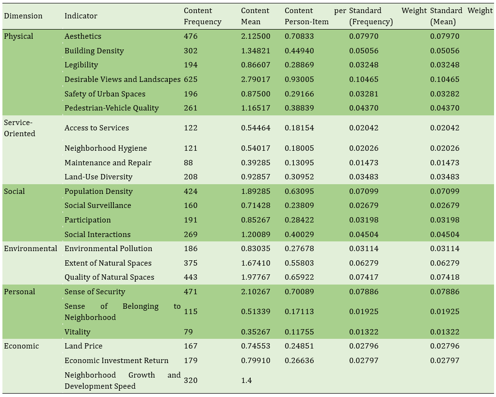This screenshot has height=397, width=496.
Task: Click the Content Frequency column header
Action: [x=203, y=16]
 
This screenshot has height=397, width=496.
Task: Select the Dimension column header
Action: [x=23, y=16]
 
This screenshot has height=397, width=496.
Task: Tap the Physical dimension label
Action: [x=18, y=36]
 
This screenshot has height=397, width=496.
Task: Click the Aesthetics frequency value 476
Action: [x=191, y=36]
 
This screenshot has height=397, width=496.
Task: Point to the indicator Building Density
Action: [x=94, y=50]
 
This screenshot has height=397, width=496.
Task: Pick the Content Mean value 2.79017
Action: [x=256, y=79]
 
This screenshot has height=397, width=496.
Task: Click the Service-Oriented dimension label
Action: [x=19, y=128]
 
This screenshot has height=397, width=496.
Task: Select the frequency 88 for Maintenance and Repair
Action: [x=188, y=162]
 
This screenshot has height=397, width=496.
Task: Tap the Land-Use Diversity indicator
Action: [x=98, y=176]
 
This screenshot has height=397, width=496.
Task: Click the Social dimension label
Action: [x=14, y=191]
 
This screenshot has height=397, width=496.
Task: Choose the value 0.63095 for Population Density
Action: [x=299, y=191]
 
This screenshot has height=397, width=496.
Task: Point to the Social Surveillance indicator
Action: [x=98, y=206]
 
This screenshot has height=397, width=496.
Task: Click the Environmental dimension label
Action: [x=31, y=248]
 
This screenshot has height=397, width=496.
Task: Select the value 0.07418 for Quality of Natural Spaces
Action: [x=445, y=277]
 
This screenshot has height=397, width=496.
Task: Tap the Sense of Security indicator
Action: [x=95, y=292]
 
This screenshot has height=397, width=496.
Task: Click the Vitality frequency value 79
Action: [x=188, y=332]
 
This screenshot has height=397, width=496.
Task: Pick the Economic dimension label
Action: [x=21, y=346]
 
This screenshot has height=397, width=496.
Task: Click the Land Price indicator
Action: [x=83, y=346]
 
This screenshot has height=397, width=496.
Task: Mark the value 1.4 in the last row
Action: [x=246, y=380]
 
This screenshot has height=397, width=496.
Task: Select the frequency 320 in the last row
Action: [x=191, y=380]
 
